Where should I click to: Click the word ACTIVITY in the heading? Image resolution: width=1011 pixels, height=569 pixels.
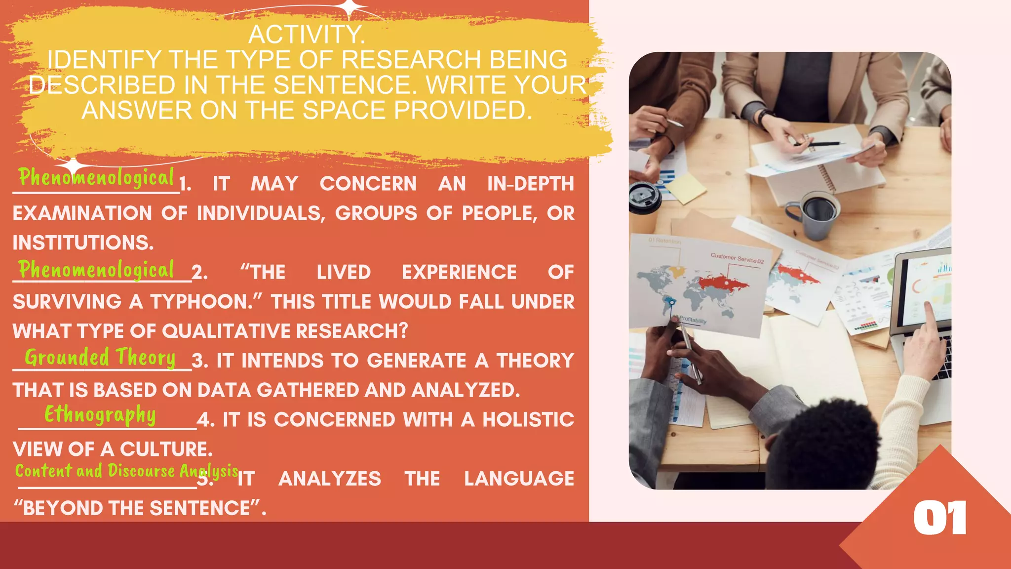307,35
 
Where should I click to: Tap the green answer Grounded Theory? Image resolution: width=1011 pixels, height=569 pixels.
100,358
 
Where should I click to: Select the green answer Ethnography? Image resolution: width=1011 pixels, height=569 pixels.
100,415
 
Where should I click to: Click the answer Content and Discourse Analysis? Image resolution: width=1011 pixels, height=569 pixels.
126,471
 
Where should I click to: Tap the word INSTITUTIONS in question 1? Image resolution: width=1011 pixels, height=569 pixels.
83,243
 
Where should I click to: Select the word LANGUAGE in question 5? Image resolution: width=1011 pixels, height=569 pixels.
519,479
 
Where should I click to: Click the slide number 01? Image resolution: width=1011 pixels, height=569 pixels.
939,518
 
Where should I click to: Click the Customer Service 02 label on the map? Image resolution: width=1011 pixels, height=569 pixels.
737,258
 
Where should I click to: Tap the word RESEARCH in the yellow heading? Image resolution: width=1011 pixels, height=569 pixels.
411,60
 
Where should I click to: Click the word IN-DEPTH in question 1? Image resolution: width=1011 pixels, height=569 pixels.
530,184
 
